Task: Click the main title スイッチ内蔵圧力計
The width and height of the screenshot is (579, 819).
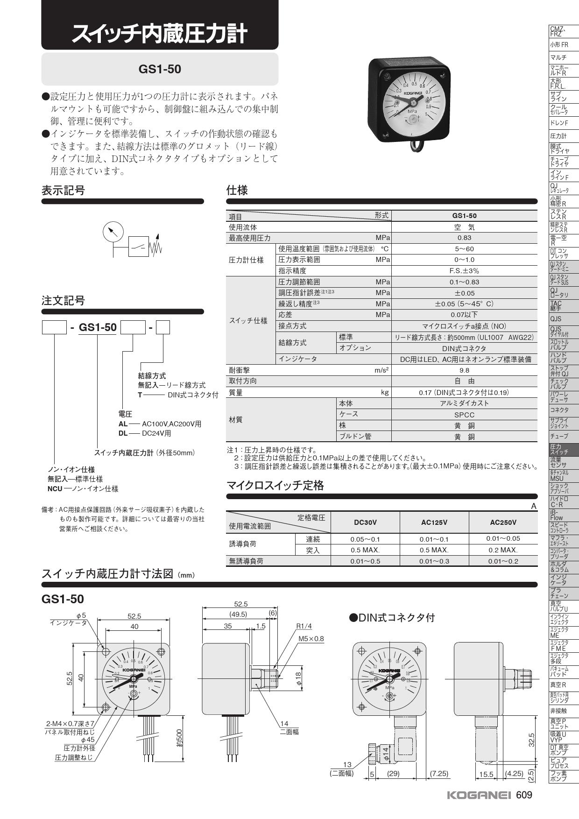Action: [159, 34]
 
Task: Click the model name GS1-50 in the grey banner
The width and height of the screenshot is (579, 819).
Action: [160, 69]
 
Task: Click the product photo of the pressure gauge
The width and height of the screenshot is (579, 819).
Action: [410, 103]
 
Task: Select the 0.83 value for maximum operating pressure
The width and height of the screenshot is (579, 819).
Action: [464, 238]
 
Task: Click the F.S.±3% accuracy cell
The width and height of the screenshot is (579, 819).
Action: [464, 271]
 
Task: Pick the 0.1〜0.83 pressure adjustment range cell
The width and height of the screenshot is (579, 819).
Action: [464, 282]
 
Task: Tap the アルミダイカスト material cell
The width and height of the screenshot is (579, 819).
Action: [464, 403]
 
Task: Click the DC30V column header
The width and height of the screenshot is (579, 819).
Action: [365, 522]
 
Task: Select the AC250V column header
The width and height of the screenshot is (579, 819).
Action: [503, 522]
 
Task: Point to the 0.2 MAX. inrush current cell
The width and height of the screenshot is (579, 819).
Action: [503, 550]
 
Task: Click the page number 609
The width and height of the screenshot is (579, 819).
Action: [524, 795]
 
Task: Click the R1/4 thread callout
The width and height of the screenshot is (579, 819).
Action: [304, 626]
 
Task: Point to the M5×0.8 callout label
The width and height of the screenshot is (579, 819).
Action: [311, 639]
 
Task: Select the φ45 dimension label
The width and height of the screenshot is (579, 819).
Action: [88, 740]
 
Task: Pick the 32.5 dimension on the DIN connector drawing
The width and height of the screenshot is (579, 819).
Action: [531, 740]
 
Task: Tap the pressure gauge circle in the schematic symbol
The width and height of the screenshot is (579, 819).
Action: [113, 231]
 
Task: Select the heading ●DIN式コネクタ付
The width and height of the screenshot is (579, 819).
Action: [392, 618]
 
